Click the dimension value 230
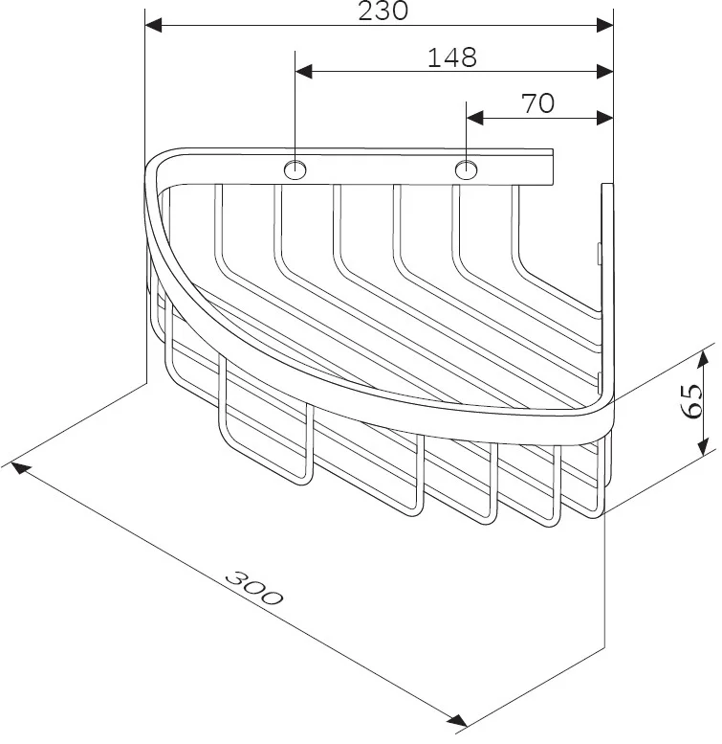pyautogui.click(x=383, y=11)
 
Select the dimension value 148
pyautogui.click(x=452, y=57)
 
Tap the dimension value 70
pyautogui.click(x=537, y=103)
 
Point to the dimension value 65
pyautogui.click(x=692, y=401)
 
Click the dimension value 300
pyautogui.click(x=254, y=589)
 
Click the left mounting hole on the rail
pyautogui.click(x=295, y=169)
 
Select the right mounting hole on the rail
pyautogui.click(x=466, y=169)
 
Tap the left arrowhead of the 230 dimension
pyautogui.click(x=153, y=26)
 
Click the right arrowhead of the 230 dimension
pyautogui.click(x=605, y=26)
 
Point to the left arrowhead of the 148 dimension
pyautogui.click(x=304, y=72)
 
